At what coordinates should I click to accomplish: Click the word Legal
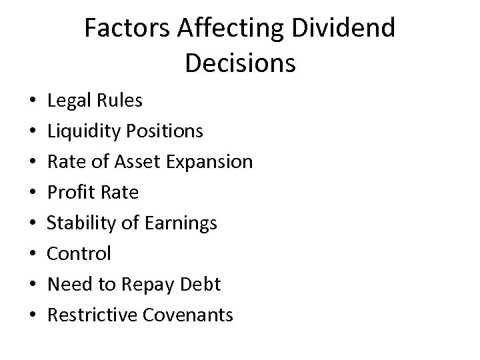click(67, 101)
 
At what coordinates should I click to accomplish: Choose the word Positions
click(167, 131)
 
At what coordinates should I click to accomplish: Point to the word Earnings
click(181, 223)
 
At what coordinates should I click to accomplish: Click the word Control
click(79, 253)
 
